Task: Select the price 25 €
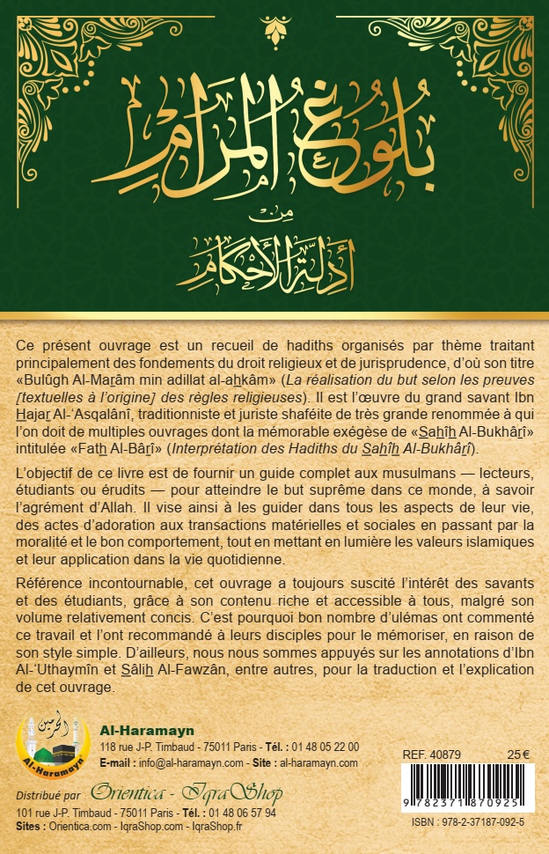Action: (x=519, y=755)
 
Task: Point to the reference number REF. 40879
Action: (x=431, y=755)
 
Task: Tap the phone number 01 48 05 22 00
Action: (x=326, y=747)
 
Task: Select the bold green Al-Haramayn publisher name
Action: (x=137, y=730)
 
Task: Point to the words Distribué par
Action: (x=48, y=794)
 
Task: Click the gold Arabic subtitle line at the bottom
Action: (x=274, y=261)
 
